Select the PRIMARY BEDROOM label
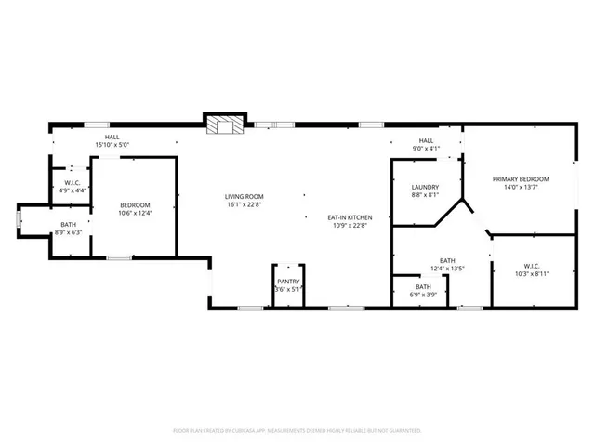coord(521,179)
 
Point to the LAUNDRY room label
coord(425,187)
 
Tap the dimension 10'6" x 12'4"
coord(134,213)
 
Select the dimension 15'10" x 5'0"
coord(112,145)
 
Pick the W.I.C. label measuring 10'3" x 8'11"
coord(533,273)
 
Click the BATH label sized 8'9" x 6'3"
coord(69,224)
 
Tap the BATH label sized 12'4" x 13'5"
coord(447,260)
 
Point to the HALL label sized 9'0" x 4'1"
coord(426,139)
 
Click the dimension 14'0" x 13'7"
coord(521,188)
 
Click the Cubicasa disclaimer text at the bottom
coord(297,430)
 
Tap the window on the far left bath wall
coord(18,219)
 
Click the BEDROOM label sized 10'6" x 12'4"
coord(134,204)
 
